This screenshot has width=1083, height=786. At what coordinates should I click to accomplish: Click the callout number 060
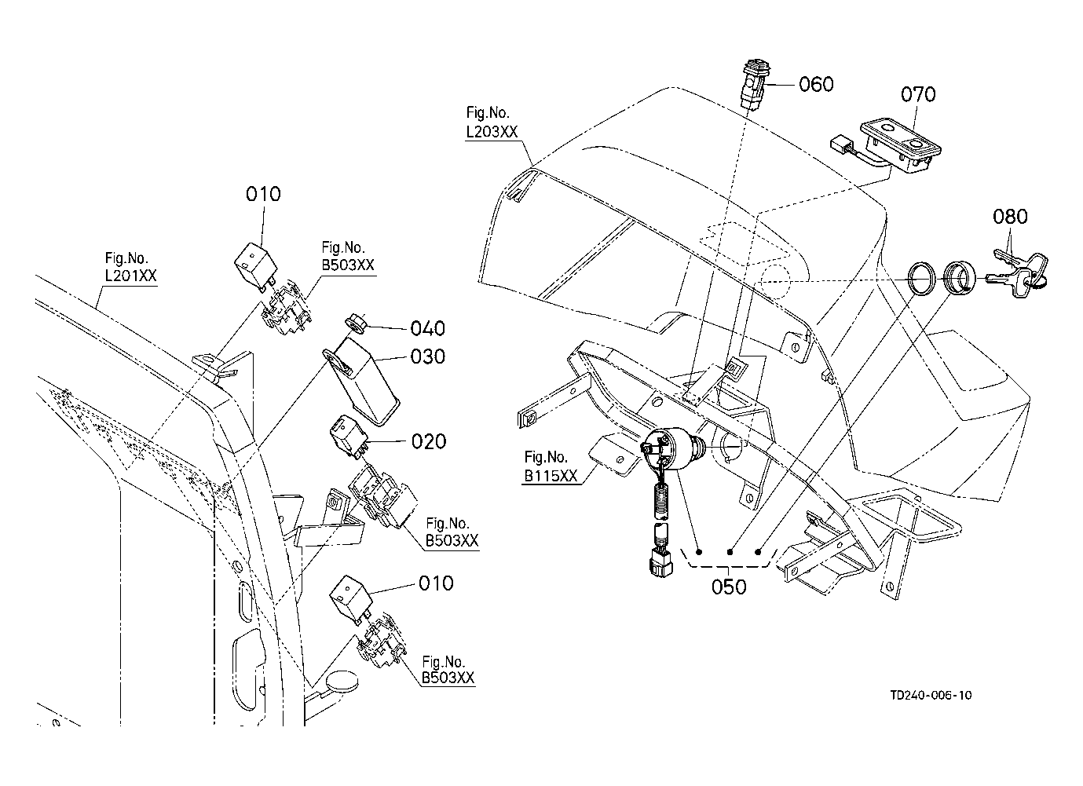pos(816,84)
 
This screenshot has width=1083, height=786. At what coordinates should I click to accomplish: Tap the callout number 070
pos(917,95)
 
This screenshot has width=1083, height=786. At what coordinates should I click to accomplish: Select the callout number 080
pos(1009,216)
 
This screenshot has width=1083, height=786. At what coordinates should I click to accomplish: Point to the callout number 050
pos(729,587)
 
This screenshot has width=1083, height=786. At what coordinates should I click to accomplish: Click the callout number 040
pos(427,328)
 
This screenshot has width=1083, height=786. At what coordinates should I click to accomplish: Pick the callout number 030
pos(428,356)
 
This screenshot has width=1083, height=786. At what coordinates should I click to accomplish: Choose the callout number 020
pos(429,441)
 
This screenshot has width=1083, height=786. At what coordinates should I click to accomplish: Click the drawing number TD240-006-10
pos(931,695)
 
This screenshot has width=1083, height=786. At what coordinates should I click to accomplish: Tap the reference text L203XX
pos(492,132)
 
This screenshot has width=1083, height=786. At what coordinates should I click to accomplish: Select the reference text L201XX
pos(131,276)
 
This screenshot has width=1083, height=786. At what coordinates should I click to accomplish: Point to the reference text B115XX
pos(551,475)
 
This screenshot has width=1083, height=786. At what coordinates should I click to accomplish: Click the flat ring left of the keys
pos(920,279)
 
